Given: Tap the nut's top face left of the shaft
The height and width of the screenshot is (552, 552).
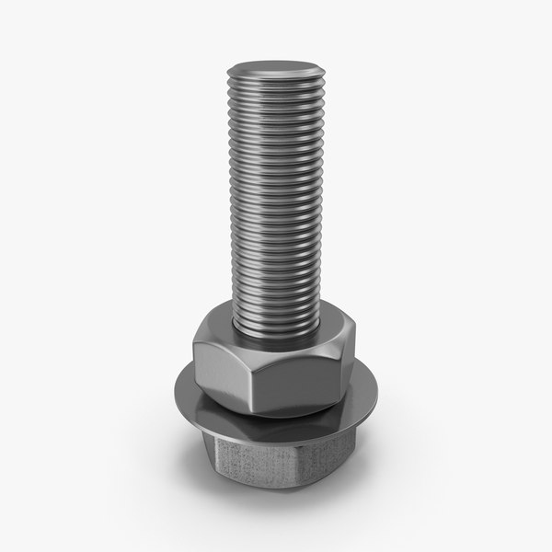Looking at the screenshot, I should point(213,332).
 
